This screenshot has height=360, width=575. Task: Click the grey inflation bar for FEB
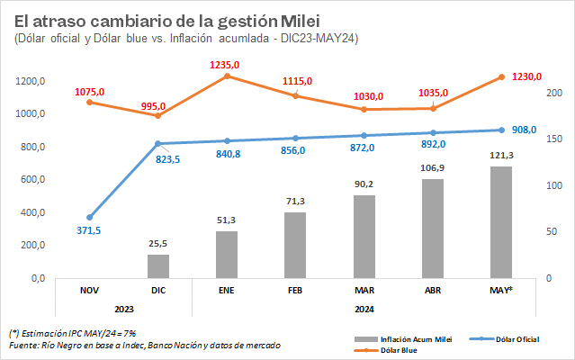click(x=295, y=245)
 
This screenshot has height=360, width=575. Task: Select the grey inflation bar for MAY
click(x=500, y=221)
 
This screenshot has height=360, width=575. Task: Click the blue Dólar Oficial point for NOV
click(x=89, y=217)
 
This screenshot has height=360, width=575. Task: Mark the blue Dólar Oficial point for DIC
click(x=158, y=143)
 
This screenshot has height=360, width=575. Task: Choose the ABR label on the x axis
click(x=432, y=291)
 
